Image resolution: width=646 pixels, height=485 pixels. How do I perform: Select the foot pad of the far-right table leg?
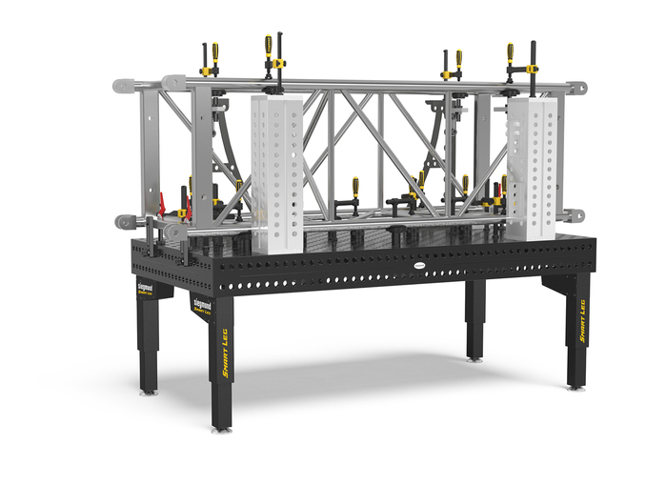575,385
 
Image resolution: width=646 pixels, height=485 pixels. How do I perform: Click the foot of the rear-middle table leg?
474,357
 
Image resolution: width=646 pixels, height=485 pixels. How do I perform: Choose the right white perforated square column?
531,167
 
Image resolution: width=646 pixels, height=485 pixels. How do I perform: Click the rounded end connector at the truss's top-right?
578,88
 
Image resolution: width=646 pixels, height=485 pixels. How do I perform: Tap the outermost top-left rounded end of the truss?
118,85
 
